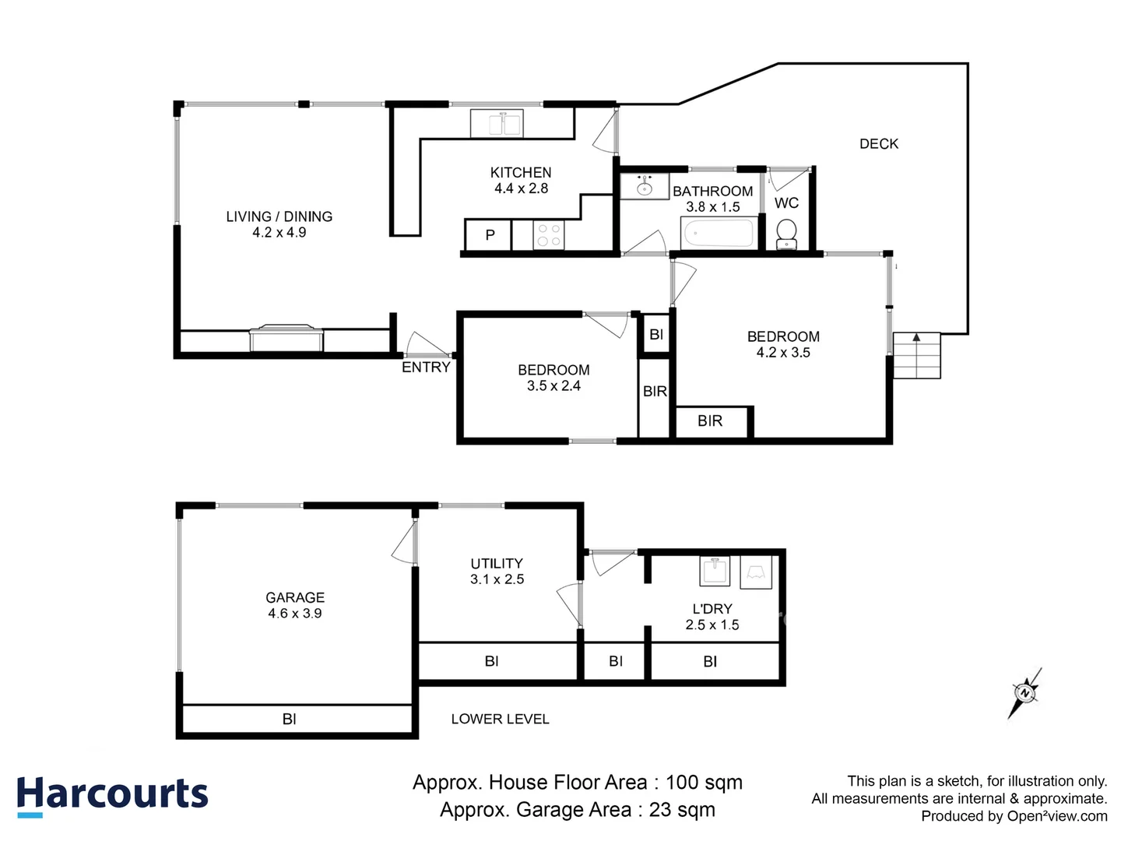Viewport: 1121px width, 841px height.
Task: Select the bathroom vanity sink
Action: tap(644, 187)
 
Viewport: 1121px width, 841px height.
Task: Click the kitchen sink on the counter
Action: tap(497, 124)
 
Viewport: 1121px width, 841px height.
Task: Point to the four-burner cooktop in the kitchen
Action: tap(548, 235)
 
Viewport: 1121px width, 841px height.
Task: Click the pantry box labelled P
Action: tap(489, 235)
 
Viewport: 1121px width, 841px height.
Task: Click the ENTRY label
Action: tap(426, 368)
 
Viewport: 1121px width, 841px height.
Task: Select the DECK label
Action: tap(879, 144)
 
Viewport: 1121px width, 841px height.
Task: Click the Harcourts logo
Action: tap(113, 796)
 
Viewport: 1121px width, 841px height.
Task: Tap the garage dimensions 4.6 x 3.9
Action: tap(295, 614)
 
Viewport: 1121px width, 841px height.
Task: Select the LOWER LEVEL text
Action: tap(500, 720)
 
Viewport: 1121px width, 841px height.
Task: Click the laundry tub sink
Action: tap(715, 572)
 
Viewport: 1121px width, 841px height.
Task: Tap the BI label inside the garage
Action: tap(289, 720)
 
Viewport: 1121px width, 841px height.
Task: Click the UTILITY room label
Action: tap(497, 564)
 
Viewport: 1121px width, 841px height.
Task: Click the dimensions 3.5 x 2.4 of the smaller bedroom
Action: tap(553, 386)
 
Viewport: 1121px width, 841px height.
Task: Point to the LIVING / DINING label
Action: tap(279, 216)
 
